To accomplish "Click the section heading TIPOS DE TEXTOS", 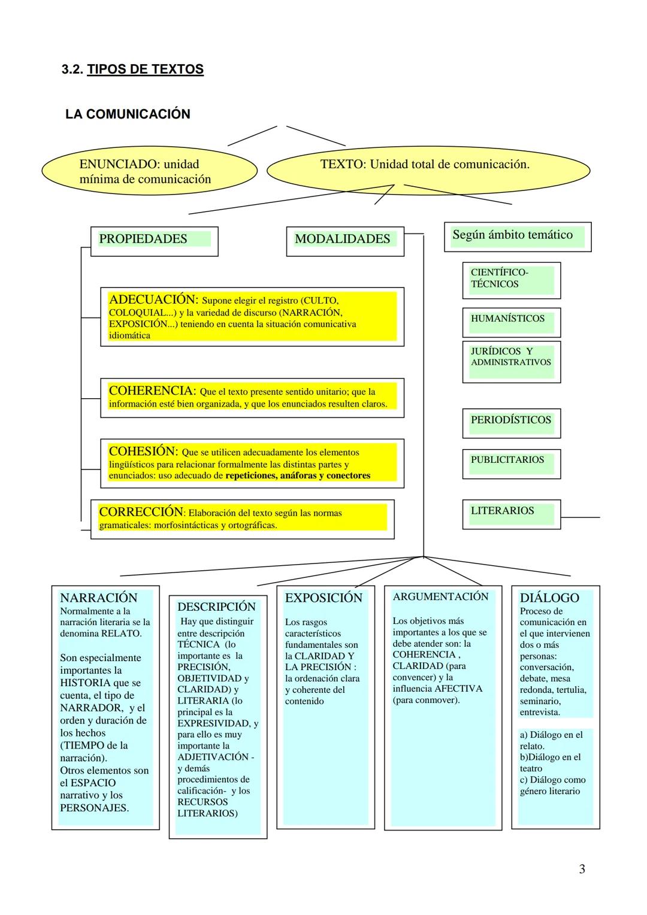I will [145, 69].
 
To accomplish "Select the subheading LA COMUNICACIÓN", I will [127, 114].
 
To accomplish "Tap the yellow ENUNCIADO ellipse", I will [149, 171].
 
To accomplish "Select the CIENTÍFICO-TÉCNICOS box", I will [511, 279].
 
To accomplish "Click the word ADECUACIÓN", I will [153, 299].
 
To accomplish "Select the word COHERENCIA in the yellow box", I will [152, 391].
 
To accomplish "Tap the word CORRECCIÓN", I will [141, 512].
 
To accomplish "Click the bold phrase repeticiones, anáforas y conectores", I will [298, 476].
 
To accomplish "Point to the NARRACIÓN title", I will [99, 598].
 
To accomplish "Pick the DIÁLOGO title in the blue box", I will [549, 598].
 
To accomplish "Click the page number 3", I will [582, 869].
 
